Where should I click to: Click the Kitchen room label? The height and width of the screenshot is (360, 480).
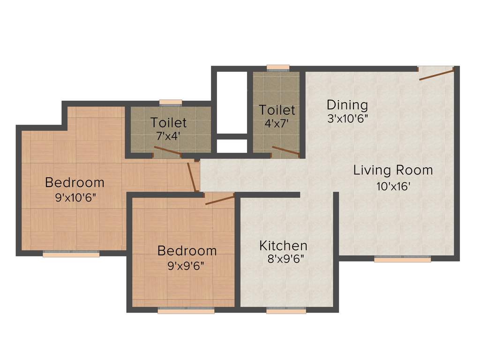[284, 246]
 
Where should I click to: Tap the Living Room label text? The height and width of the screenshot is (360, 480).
[393, 170]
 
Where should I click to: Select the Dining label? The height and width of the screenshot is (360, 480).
[347, 105]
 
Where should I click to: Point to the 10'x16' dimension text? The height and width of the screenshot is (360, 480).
[393, 187]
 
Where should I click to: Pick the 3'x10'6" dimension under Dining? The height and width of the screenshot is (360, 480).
[347, 119]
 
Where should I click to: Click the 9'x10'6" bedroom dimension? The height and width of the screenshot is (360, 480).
[75, 198]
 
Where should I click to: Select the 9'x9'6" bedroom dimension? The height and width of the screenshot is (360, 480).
[186, 266]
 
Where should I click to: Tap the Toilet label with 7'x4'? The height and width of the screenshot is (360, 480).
[168, 123]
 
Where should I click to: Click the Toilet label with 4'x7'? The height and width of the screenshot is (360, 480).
[277, 111]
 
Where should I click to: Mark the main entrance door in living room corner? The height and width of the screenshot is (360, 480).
[436, 74]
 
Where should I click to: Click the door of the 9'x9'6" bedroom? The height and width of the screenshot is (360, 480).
[219, 200]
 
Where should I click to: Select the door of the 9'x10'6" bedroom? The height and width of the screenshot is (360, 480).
[192, 176]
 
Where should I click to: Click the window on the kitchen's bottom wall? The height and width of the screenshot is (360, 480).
[286, 310]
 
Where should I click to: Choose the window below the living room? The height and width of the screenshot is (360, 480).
[402, 259]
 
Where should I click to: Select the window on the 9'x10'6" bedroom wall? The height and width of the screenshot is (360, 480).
[71, 254]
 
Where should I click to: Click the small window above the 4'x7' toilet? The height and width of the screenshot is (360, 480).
[278, 68]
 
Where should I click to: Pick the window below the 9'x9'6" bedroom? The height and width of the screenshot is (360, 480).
[186, 310]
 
